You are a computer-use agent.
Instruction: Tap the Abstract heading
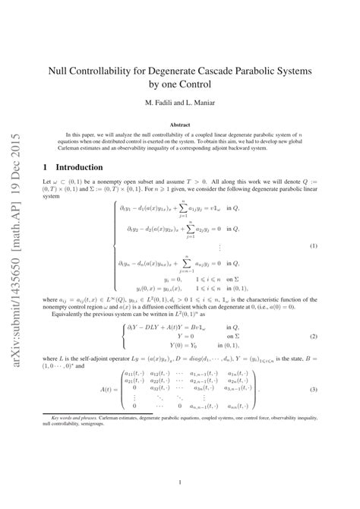coord(179,124)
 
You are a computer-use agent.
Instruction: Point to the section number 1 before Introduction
coord(46,166)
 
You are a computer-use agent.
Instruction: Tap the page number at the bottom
coord(179,482)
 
